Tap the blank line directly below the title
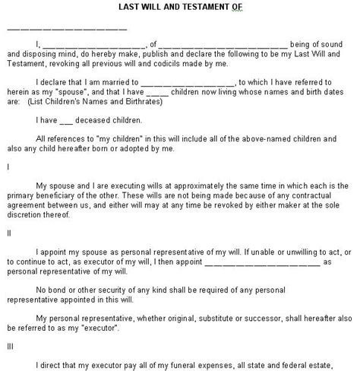(x=67, y=29)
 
